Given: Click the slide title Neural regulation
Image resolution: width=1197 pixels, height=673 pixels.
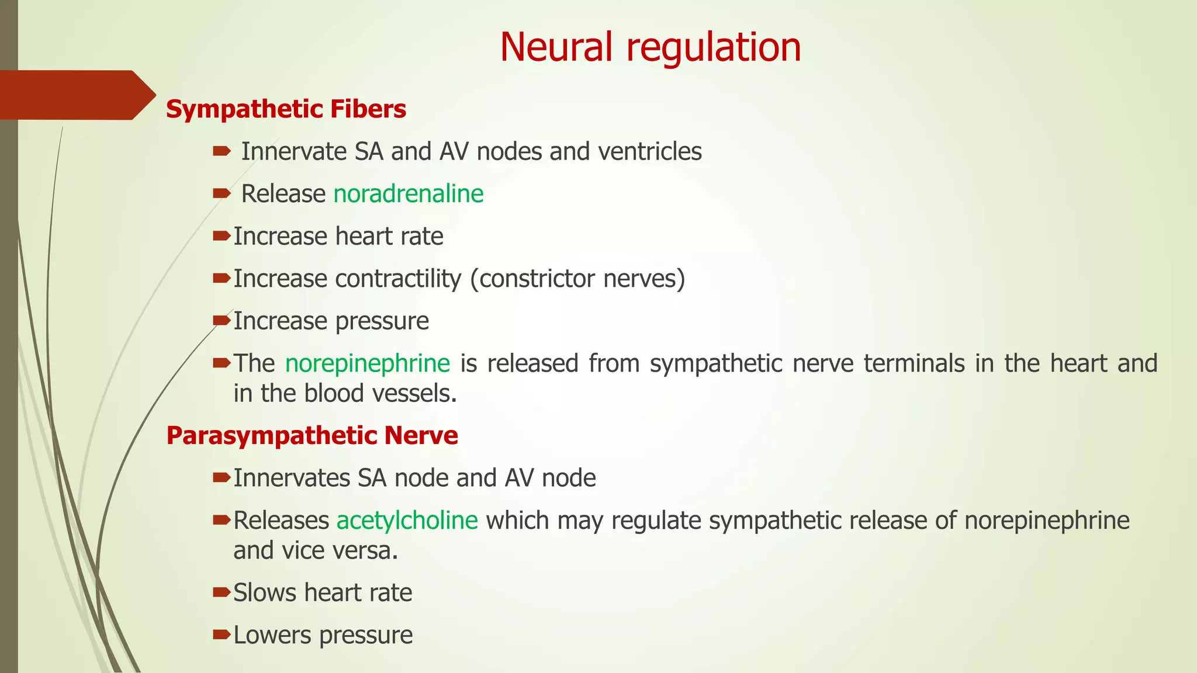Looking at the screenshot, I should (650, 47).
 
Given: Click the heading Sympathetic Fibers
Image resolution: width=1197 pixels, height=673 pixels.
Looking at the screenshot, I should (286, 109).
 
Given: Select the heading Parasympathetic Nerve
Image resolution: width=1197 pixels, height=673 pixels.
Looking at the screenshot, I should (312, 436).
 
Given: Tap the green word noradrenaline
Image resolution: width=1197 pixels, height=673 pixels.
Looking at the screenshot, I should (408, 194).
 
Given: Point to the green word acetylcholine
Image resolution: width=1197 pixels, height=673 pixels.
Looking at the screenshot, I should (407, 521).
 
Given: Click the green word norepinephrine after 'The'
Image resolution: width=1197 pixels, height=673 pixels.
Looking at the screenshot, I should (367, 363).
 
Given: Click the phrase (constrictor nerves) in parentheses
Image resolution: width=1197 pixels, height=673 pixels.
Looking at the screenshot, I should (577, 279).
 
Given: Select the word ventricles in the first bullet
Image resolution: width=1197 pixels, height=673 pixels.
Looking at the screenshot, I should (649, 152).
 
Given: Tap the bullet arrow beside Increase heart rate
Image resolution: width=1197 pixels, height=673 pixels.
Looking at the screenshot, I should (222, 236).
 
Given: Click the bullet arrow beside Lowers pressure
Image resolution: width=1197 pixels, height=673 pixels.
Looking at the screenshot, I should (222, 634).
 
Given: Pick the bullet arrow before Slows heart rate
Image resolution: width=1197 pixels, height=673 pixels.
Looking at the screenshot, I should (222, 592).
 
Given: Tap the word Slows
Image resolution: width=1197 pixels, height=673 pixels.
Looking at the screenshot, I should (265, 593).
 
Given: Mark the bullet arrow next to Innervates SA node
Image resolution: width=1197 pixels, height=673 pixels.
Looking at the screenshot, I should (222, 478).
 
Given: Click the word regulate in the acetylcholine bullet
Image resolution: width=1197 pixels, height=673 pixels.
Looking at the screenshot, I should (656, 521).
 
